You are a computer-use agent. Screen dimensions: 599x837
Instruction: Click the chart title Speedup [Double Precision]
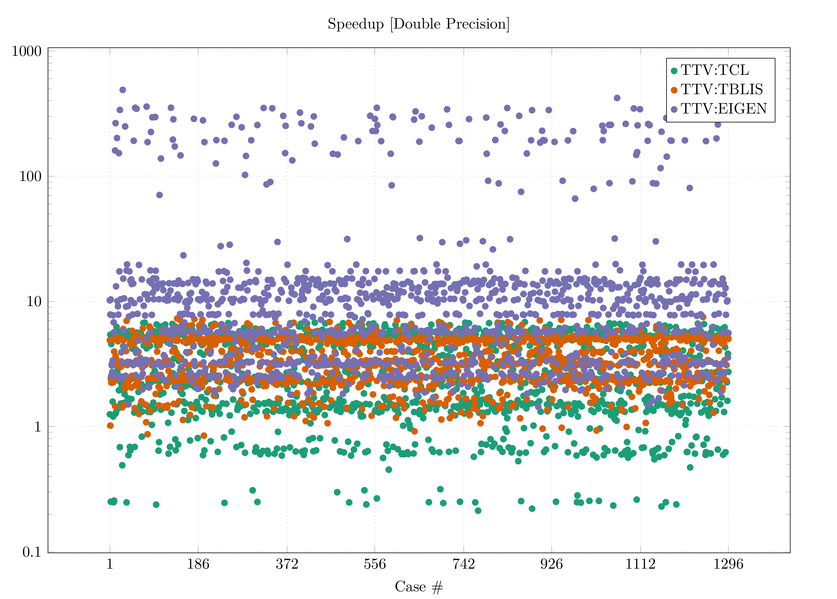coord(418,24)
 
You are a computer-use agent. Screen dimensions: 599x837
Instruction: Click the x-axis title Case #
coord(419,586)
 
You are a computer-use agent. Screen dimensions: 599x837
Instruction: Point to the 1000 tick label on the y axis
coord(27,51)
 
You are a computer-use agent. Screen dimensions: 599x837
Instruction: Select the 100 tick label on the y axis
coord(30,176)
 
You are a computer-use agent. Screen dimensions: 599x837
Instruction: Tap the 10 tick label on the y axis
coord(34,302)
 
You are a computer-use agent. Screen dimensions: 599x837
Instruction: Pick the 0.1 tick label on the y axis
coord(32,552)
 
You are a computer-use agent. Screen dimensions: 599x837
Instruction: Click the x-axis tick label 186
coord(198,564)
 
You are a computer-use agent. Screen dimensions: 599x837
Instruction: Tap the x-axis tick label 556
coord(375,564)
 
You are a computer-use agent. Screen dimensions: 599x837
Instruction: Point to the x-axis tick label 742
coord(464,564)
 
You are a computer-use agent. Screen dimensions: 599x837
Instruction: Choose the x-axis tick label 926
coord(552,564)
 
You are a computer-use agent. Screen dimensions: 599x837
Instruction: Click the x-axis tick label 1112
coord(640,564)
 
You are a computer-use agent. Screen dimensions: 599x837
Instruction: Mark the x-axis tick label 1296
coord(728,564)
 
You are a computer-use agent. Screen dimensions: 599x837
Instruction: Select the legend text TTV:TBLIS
coord(722,90)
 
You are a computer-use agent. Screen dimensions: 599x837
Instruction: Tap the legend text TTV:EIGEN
coord(724,109)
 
